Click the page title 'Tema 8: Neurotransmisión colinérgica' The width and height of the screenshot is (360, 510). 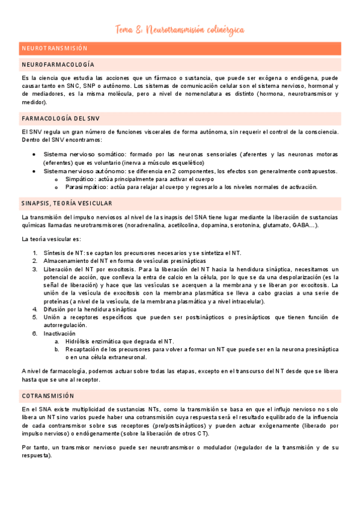pyautogui.click(x=180, y=30)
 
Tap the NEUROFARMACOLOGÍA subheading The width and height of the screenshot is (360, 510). pyautogui.click(x=58, y=64)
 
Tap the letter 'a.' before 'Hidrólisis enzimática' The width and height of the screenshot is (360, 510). pyautogui.click(x=56, y=341)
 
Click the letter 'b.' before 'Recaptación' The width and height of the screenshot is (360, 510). pyautogui.click(x=56, y=349)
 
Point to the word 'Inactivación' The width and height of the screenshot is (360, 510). pyautogui.click(x=59, y=333)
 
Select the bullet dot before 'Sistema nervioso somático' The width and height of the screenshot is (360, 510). pyautogui.click(x=34, y=155)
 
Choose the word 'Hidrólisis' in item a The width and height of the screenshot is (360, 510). pyautogui.click(x=79, y=341)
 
